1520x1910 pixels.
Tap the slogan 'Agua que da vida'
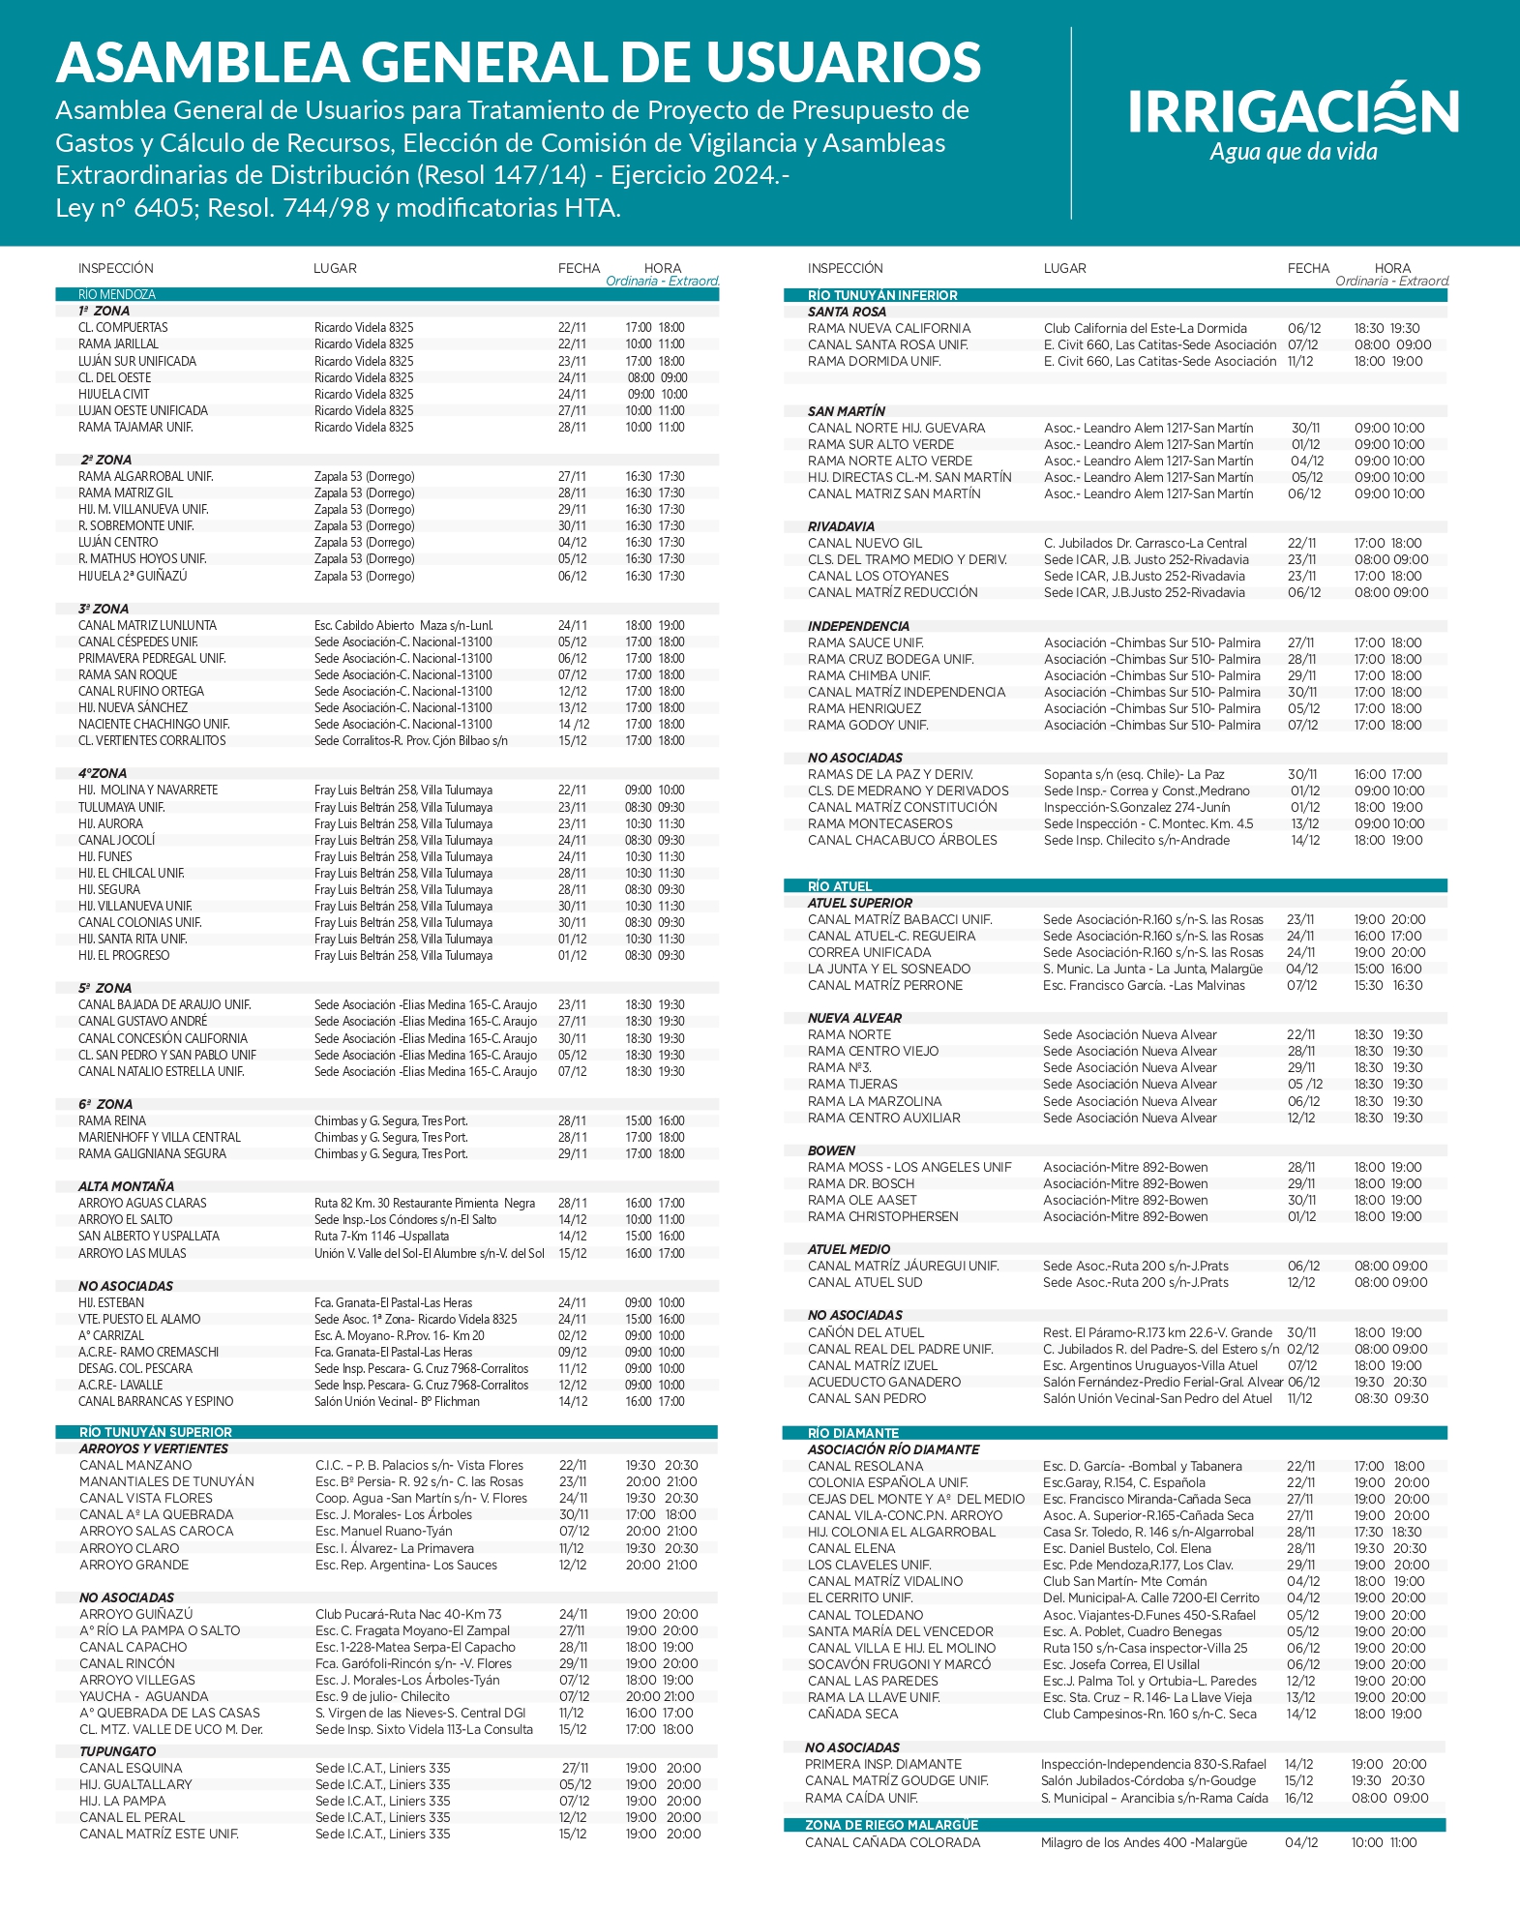[x=1293, y=152]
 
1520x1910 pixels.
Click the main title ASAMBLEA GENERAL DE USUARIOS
[x=519, y=62]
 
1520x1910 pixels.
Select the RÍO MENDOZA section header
[x=117, y=294]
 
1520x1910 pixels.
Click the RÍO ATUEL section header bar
[x=840, y=885]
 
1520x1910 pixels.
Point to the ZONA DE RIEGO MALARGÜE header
[x=891, y=1825]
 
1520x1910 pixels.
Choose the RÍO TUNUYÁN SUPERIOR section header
[x=156, y=1432]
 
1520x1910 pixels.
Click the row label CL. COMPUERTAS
[x=123, y=327]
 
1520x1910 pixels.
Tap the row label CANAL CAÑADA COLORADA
[x=892, y=1842]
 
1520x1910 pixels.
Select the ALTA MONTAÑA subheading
[x=127, y=1186]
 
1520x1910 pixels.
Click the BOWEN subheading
[x=831, y=1150]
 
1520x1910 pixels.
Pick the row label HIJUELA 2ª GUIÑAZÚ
[x=133, y=576]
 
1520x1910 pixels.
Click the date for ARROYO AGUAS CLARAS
[x=572, y=1203]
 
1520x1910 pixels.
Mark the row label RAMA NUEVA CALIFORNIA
[x=889, y=328]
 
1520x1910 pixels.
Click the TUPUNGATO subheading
[x=117, y=1751]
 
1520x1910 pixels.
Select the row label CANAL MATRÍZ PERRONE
[x=885, y=985]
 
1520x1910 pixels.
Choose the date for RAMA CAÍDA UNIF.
[x=1298, y=1798]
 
